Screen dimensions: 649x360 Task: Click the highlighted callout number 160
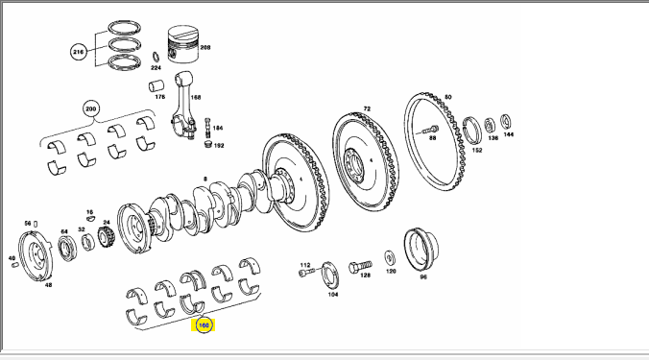pos(204,325)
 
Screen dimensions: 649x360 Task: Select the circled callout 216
pos(78,52)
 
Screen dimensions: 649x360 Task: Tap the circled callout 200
pos(90,109)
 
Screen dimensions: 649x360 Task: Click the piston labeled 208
pos(183,44)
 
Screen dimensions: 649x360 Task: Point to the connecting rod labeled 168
pos(183,105)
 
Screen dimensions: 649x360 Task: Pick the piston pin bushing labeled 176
pos(156,85)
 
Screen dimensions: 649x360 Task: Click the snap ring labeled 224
pos(156,57)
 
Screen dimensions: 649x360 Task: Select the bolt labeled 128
pos(361,266)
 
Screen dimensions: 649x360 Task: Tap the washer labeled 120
pos(390,258)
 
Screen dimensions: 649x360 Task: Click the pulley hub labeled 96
pos(421,250)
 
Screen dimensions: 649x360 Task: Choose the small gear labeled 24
pos(106,237)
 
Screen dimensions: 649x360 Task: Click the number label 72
pos(367,108)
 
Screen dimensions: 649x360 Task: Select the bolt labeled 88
pos(430,130)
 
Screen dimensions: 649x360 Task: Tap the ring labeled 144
pos(505,122)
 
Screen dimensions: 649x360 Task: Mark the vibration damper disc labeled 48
pos(36,256)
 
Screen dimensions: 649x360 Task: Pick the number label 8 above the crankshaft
pos(204,180)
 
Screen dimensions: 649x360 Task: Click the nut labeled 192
pos(208,144)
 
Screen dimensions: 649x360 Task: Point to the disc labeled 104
pos(330,275)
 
